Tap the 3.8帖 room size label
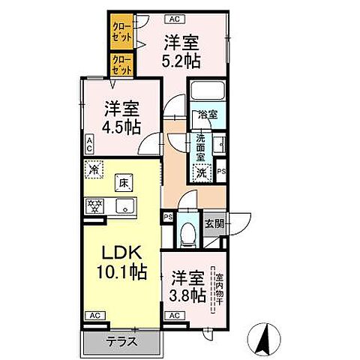187,295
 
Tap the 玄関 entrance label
214,223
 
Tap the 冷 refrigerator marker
94,170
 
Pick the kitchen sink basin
124,206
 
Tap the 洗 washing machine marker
201,172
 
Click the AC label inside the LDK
95,316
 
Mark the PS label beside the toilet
168,217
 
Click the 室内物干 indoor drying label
219,289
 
